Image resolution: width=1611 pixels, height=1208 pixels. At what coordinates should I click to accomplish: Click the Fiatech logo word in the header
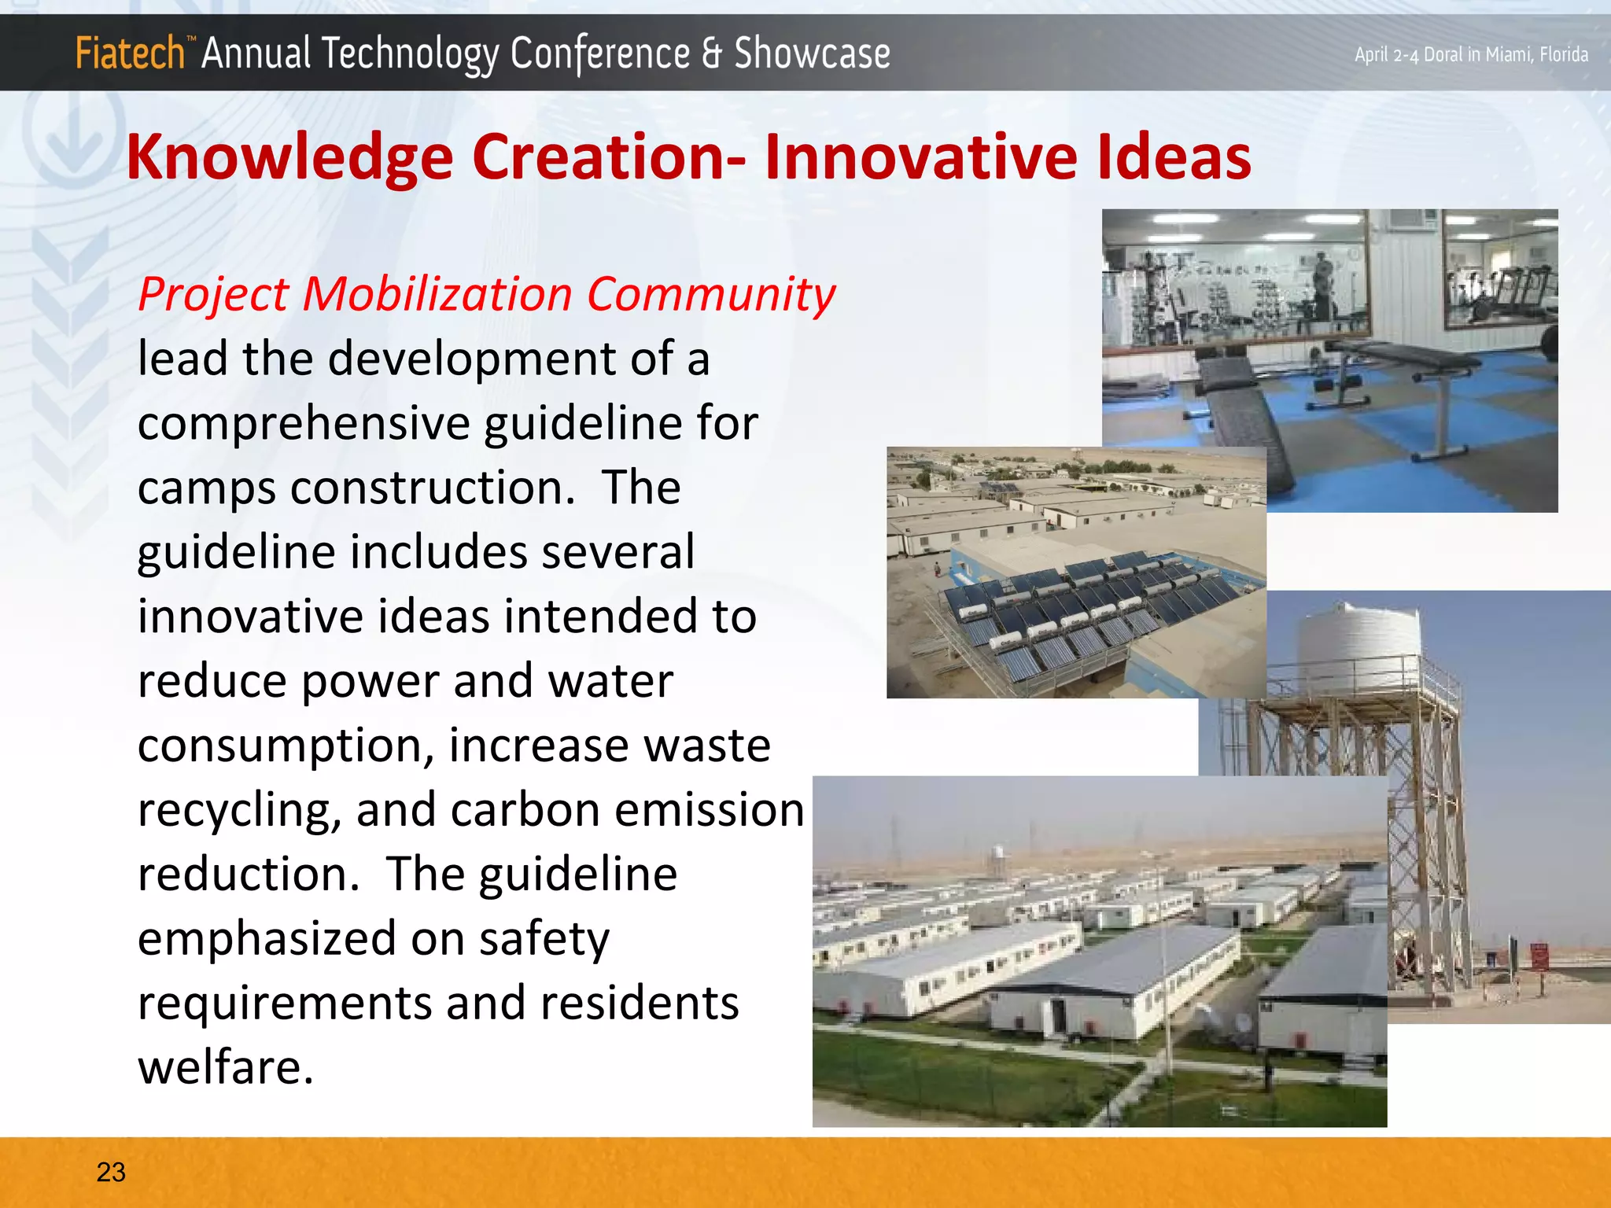coord(130,53)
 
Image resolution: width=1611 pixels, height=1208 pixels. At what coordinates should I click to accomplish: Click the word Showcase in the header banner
coord(812,53)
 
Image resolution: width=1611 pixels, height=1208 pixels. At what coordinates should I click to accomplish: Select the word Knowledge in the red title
coord(289,157)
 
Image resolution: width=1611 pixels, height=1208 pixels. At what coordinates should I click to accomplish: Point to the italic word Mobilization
coord(437,294)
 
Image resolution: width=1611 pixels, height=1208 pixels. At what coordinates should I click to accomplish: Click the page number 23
coord(111,1172)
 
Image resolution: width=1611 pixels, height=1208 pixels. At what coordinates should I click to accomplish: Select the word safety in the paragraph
coord(544,939)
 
